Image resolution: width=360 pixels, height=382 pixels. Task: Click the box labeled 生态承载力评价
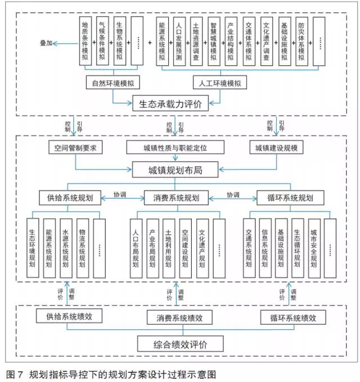point(170,103)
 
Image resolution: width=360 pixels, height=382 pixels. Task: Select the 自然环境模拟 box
point(113,83)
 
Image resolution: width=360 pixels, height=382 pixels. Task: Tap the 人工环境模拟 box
point(220,83)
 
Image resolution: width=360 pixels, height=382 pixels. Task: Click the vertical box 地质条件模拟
point(85,41)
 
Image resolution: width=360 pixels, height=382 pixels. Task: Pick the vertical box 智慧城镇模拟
point(214,42)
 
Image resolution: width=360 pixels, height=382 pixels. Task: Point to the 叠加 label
point(46,43)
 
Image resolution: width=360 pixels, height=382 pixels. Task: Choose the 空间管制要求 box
point(75,147)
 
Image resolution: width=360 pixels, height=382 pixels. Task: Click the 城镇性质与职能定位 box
point(175,147)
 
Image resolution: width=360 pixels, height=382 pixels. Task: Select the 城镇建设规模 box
point(276,147)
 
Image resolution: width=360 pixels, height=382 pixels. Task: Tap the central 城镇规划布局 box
point(175,170)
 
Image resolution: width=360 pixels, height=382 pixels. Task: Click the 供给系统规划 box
point(70,198)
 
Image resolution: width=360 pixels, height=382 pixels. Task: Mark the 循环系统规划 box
point(290,198)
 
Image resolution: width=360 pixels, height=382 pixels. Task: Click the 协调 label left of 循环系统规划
point(233,195)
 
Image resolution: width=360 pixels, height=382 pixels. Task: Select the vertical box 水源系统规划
point(66,248)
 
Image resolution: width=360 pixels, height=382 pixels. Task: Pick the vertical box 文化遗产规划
point(202,248)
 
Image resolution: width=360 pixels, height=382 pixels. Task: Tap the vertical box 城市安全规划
point(314,248)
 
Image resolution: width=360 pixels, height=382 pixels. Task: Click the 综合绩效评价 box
point(180,343)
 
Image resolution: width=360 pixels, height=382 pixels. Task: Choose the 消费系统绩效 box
point(179,317)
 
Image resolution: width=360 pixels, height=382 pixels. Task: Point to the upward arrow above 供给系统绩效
point(67,293)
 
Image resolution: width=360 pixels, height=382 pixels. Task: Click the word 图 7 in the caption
point(15,374)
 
